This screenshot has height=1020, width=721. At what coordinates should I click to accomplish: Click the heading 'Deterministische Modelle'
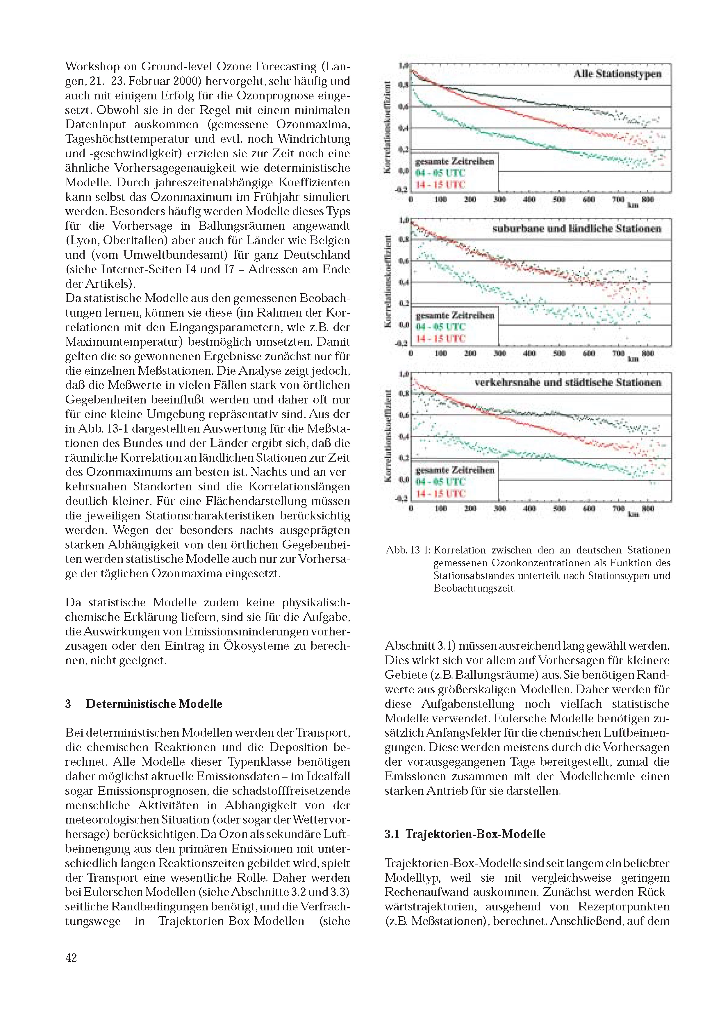click(x=154, y=704)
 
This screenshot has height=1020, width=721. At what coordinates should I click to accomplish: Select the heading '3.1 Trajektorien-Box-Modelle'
click(x=465, y=834)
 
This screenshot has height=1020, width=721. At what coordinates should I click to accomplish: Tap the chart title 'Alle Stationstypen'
click(x=618, y=74)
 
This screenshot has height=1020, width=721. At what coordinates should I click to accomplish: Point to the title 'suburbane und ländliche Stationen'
click(x=577, y=229)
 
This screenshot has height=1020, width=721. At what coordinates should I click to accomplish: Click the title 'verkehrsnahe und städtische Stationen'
click(x=568, y=383)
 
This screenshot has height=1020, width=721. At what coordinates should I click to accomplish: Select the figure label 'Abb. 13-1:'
click(x=408, y=550)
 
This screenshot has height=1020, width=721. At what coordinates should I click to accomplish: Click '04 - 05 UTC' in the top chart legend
click(x=440, y=173)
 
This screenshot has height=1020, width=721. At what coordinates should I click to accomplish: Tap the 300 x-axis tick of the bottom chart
click(x=500, y=508)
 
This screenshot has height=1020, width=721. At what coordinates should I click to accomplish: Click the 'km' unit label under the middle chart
click(x=633, y=359)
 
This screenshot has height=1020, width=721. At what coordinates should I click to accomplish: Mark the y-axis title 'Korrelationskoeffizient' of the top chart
click(x=388, y=128)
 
